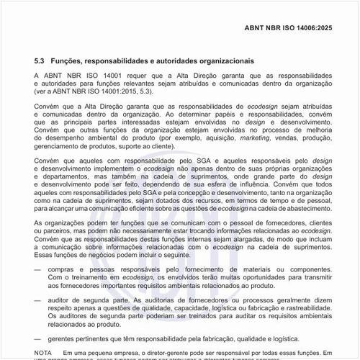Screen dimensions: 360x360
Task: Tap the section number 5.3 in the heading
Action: point(41,62)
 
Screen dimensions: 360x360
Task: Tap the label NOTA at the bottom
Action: point(43,351)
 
